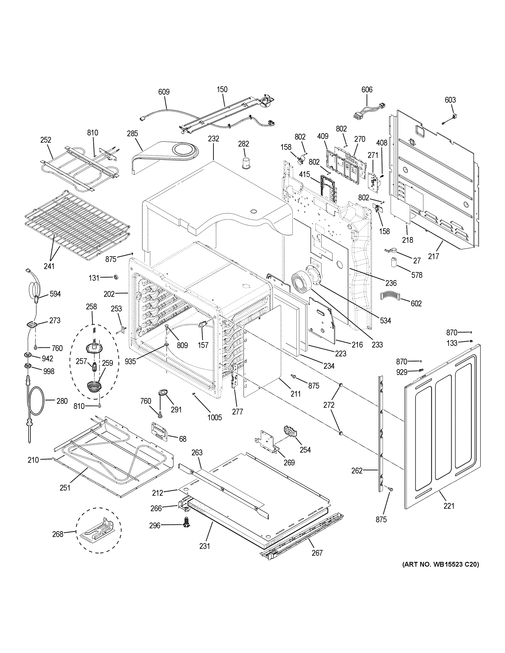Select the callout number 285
point(132,133)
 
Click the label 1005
point(215,417)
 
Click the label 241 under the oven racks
point(49,266)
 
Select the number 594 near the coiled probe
point(55,294)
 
